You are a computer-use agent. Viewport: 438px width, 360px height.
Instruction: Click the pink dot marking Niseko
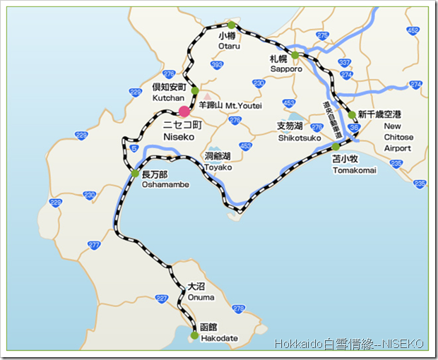click(184, 111)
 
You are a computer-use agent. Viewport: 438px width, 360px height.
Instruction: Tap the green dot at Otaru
click(230, 25)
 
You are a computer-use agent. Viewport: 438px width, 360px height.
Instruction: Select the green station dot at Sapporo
click(295, 54)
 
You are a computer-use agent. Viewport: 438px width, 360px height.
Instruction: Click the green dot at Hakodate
click(194, 335)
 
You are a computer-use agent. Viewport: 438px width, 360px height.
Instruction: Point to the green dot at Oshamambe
click(134, 173)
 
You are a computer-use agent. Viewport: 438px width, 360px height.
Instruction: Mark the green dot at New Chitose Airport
click(351, 114)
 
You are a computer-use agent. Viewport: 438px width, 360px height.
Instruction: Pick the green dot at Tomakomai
click(336, 147)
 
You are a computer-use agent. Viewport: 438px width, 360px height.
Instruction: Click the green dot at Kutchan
click(195, 90)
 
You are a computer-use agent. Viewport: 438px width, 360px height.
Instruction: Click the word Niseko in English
click(179, 136)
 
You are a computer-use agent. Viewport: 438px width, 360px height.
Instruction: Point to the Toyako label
click(218, 167)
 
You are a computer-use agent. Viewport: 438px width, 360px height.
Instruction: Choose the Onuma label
click(201, 297)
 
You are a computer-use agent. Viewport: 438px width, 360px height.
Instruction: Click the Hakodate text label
click(219, 339)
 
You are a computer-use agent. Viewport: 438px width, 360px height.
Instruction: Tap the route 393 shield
click(217, 65)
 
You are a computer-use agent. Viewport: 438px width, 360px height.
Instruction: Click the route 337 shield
click(345, 63)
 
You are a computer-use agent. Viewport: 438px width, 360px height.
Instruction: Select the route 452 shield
click(413, 30)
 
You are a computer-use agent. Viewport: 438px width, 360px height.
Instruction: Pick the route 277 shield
click(94, 245)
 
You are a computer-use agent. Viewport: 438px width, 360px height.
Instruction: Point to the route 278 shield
click(237, 308)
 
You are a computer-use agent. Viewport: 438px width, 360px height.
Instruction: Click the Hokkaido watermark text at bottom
click(349, 344)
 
